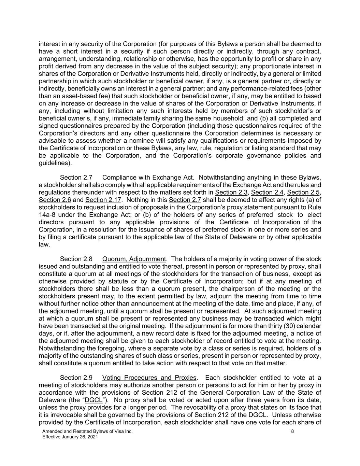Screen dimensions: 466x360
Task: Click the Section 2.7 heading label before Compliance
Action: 76,178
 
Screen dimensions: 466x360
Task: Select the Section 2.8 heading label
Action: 76,259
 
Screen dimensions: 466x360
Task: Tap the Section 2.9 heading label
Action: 76,378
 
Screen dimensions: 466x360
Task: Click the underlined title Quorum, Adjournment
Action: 134,259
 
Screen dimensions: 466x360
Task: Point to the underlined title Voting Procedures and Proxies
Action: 149,378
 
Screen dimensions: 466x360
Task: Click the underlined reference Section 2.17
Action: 103,200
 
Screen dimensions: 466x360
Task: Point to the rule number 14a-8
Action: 47,215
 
